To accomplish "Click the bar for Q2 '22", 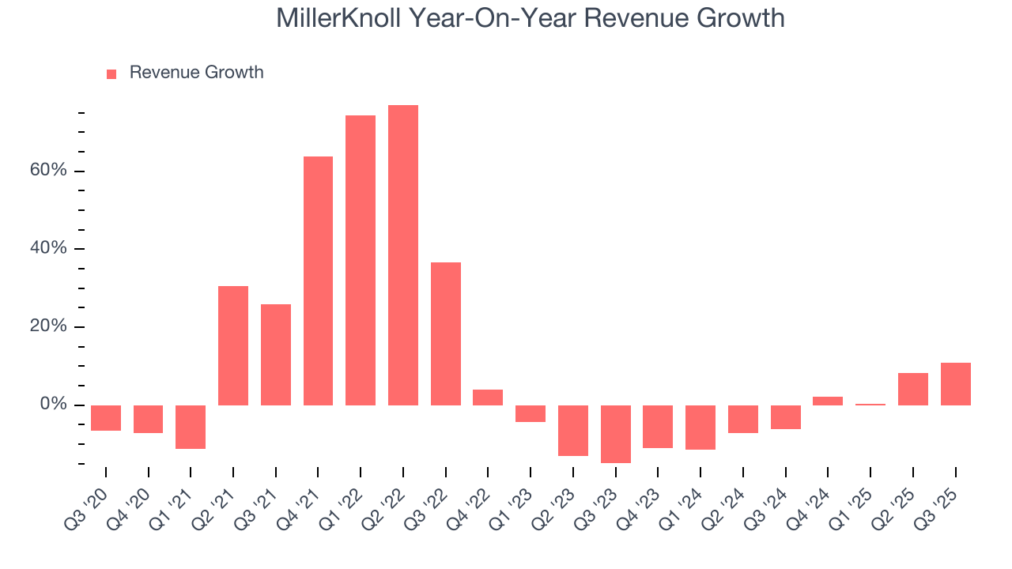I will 402,254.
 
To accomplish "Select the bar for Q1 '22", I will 361,260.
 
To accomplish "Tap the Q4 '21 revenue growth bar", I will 318,281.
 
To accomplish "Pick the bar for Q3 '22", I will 445,333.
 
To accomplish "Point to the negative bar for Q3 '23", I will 615,434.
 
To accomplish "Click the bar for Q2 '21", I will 233,345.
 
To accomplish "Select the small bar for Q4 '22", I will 488,398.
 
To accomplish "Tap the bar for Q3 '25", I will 955,384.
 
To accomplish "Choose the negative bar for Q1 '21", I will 191,427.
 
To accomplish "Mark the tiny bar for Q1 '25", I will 870,404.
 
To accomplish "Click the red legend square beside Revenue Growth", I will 111,73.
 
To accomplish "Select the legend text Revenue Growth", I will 196,73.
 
